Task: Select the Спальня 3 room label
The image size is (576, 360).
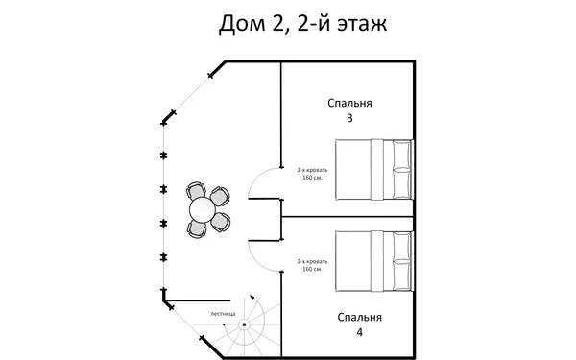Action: pyautogui.click(x=349, y=109)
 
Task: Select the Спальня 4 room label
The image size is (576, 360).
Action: pyautogui.click(x=360, y=324)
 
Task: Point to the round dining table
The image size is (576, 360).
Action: pyautogui.click(x=203, y=209)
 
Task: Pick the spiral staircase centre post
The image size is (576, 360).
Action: pyautogui.click(x=243, y=324)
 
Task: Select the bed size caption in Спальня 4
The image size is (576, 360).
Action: pyautogui.click(x=314, y=265)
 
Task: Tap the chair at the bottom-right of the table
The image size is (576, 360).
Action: pyautogui.click(x=220, y=222)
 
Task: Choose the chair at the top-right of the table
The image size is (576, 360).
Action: pyautogui.click(x=220, y=196)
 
